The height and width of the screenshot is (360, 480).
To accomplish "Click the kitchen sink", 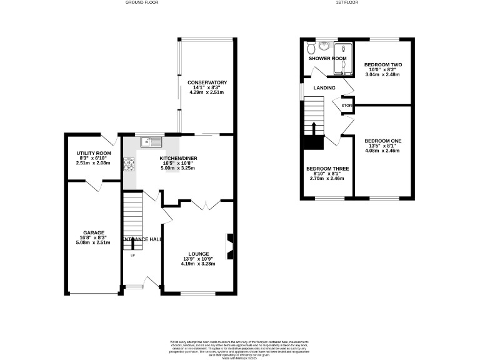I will point(150,141).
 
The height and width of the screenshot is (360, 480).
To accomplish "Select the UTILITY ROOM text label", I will point(94,153).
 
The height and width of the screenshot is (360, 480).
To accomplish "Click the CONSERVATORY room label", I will point(206,82).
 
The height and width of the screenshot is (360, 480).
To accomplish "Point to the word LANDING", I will point(324,88).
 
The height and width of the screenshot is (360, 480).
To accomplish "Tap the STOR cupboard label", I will point(347,106).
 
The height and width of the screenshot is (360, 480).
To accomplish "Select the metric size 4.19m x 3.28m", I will point(198,264).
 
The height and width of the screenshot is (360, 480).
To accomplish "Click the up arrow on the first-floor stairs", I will point(314,129).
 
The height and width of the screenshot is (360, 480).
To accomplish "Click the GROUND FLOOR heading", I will point(143,3).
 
